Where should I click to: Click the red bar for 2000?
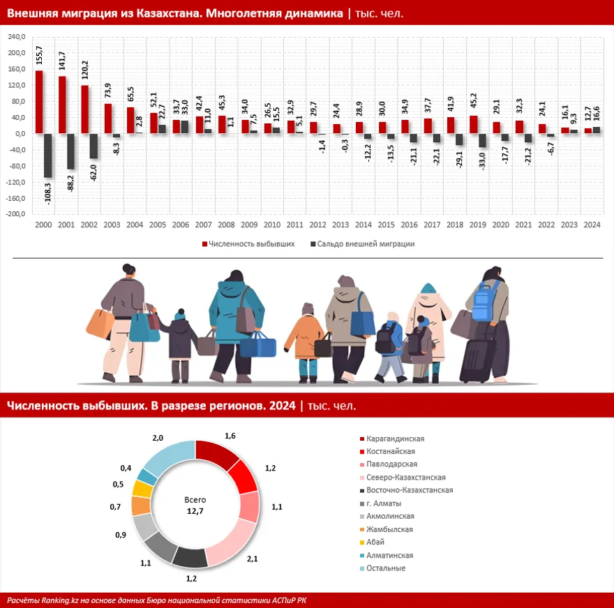point(39,102)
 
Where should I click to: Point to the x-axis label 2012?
point(317,225)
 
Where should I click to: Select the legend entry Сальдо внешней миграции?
point(366,244)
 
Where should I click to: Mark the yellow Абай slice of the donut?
point(142,488)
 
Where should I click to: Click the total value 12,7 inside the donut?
point(195,512)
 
